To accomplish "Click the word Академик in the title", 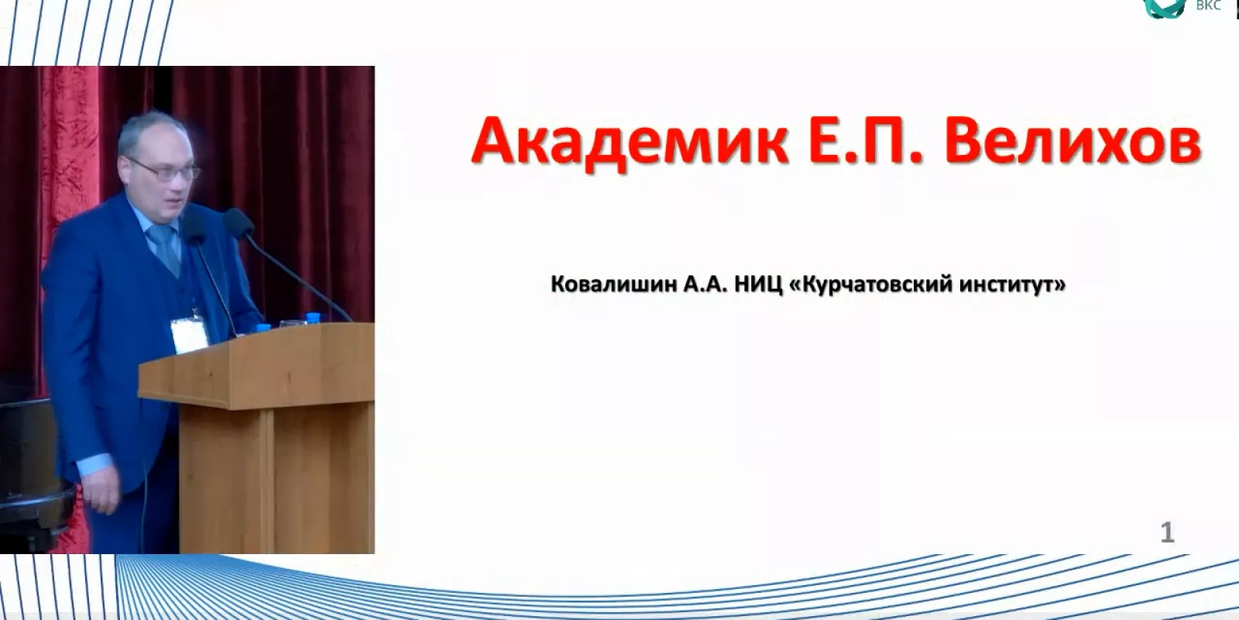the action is coord(630,142).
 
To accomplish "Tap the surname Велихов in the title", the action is coord(1073,142).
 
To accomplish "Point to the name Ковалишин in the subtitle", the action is coord(614,284).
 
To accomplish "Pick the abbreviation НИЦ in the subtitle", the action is coord(758,284).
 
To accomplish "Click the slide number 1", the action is coord(1167,532).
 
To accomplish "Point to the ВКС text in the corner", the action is coord(1209,5).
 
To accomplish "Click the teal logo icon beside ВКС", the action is coord(1165,8).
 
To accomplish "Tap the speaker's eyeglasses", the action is coord(165,170).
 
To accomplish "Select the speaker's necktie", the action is coord(166,249).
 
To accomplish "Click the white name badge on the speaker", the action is coord(189,335).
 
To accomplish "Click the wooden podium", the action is coord(257,437).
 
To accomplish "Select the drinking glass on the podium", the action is coord(292,324).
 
